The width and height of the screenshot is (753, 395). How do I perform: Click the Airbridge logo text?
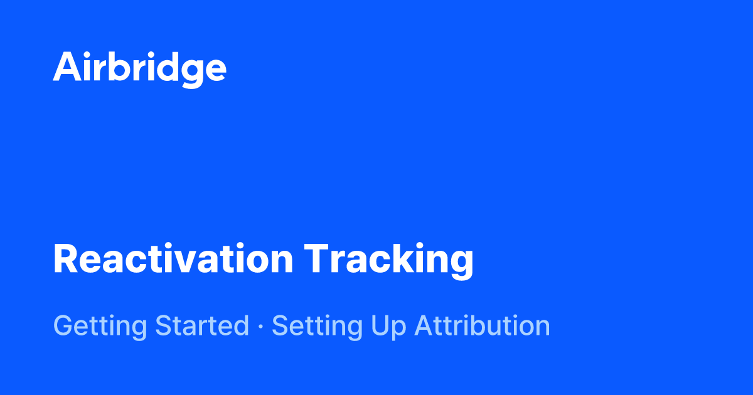point(139,67)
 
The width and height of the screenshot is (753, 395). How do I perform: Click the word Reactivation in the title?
point(173,259)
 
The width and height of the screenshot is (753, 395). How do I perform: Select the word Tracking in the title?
point(389,259)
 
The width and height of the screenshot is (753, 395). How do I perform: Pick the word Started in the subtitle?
point(202,326)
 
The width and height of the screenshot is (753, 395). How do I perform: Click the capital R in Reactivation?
point(66,259)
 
